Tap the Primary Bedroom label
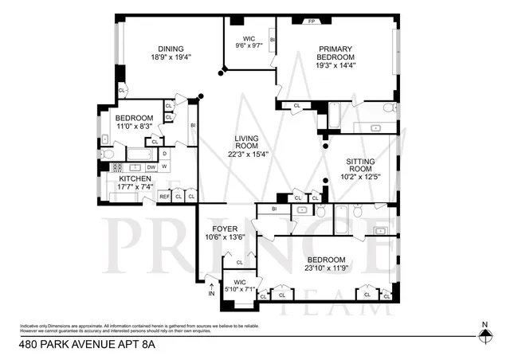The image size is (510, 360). pyautogui.click(x=335, y=53)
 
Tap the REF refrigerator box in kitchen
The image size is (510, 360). pyautogui.click(x=164, y=196)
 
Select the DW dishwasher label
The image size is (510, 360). pyautogui.click(x=151, y=167)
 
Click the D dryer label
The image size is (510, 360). pyautogui.click(x=164, y=154)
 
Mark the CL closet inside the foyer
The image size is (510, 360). pyautogui.click(x=239, y=262)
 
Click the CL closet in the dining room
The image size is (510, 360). pyautogui.click(x=121, y=90)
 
